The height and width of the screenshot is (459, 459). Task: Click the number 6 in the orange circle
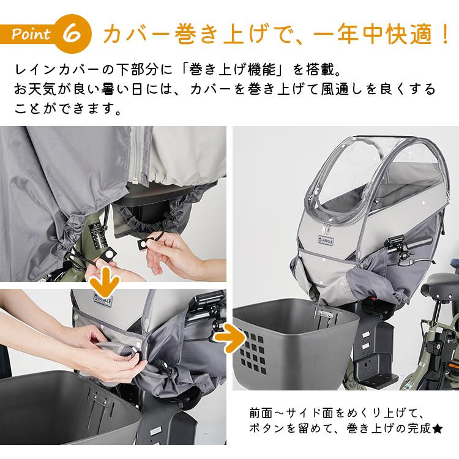pyautogui.click(x=72, y=34)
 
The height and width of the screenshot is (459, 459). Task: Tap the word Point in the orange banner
pyautogui.click(x=31, y=34)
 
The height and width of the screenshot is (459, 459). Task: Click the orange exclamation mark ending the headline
pyautogui.click(x=446, y=34)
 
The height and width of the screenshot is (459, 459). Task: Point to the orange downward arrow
pyautogui.click(x=105, y=280)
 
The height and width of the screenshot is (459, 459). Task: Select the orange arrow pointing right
pyautogui.click(x=231, y=337)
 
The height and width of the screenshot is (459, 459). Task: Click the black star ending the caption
pyautogui.click(x=438, y=429)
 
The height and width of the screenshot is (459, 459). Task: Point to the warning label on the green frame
pyautogui.click(x=97, y=237)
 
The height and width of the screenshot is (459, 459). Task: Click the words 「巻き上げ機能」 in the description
pyautogui.click(x=233, y=70)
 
